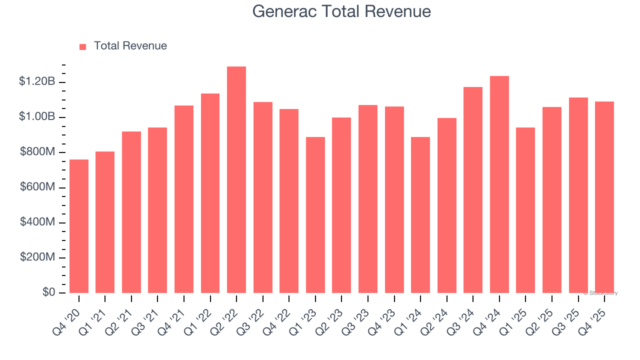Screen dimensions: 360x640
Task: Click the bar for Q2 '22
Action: (236, 180)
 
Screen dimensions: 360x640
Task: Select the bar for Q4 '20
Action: (79, 226)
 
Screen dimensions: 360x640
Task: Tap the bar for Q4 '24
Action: (499, 184)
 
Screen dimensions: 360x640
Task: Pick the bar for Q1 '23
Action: (315, 215)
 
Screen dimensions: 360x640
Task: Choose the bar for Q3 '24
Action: (473, 190)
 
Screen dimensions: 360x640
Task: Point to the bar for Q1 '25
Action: (525, 210)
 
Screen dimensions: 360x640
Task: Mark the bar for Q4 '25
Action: (604, 197)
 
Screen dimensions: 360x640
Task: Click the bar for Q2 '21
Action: (131, 212)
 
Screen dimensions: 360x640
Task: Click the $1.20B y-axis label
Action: (37, 81)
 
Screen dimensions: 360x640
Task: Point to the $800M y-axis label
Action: (37, 152)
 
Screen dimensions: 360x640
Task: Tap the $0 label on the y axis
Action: (48, 292)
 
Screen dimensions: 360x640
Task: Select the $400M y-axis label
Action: (37, 222)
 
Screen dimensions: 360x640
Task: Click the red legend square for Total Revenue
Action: (83, 47)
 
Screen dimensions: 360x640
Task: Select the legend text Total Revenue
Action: (130, 46)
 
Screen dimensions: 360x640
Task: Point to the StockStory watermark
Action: (600, 293)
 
